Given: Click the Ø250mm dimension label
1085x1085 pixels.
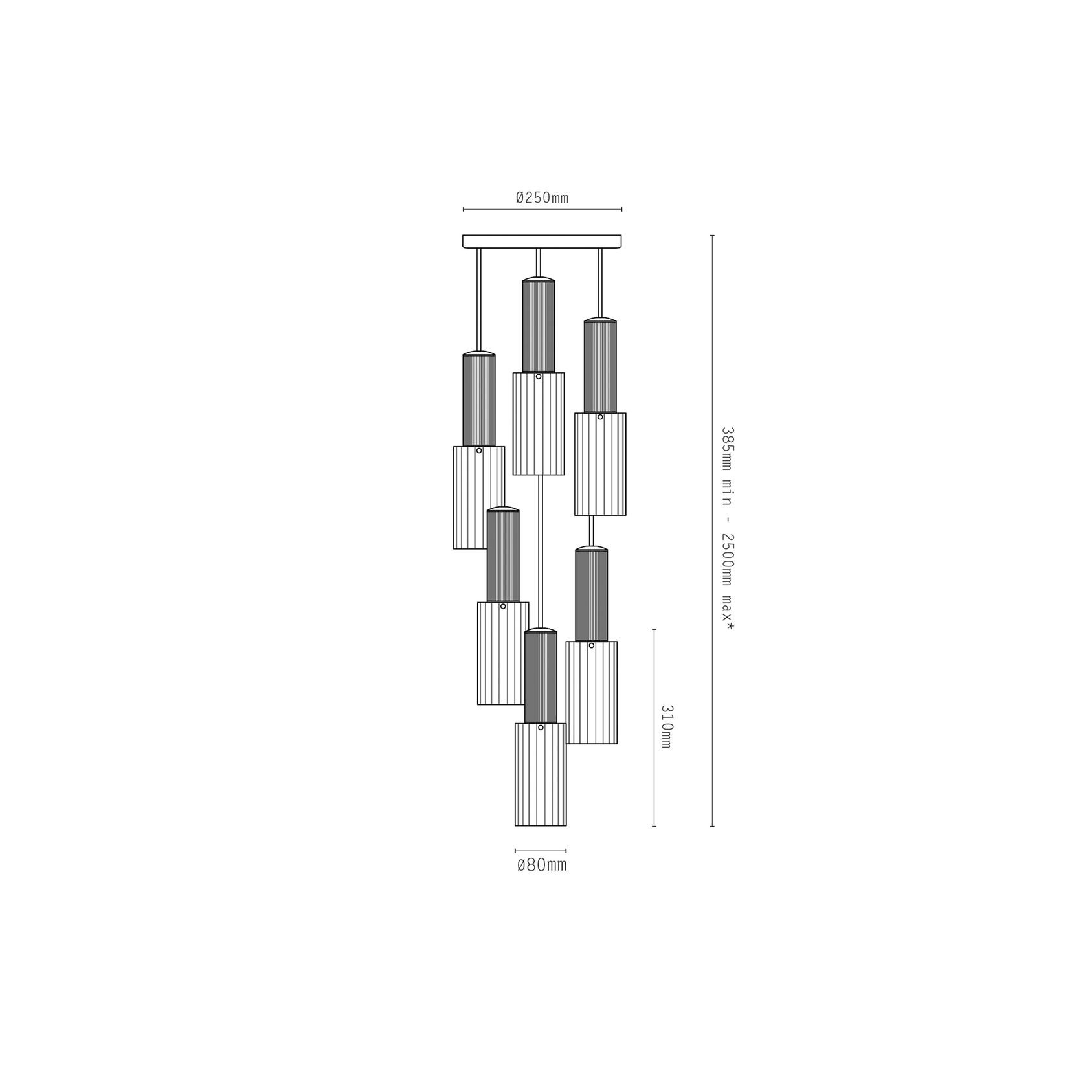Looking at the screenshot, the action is pos(542,197).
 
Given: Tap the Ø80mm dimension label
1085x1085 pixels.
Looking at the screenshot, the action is pos(541,865).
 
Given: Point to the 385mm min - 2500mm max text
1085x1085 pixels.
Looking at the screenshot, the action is pos(728,530).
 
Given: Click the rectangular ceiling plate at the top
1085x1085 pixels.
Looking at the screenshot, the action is pos(542,241).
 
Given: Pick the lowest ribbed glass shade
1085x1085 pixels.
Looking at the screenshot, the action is pos(541,774).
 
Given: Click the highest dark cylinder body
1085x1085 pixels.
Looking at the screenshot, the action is pos(539,327).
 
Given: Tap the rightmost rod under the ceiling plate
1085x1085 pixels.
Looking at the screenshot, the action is pos(600,283).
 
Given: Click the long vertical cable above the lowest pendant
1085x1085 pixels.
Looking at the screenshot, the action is pos(541,551).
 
